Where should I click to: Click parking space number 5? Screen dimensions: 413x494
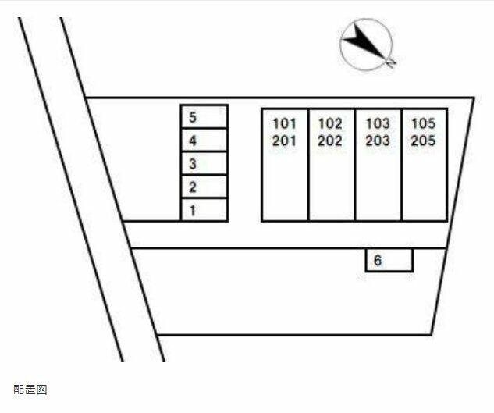coord(204,117)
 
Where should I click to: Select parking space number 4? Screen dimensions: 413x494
coord(204,141)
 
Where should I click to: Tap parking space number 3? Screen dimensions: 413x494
coord(204,164)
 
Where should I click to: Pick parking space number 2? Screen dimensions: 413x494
coord(204,187)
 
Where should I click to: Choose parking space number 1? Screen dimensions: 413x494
coord(204,210)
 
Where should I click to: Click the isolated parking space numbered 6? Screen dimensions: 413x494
coord(389,261)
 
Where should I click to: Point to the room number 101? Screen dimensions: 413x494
coord(285,123)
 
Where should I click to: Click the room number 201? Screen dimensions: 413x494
coord(285,141)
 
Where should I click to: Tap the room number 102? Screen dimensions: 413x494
coord(331,123)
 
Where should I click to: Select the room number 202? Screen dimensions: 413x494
coord(331,141)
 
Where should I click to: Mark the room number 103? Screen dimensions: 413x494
coord(378,123)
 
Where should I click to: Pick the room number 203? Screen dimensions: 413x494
coord(378,141)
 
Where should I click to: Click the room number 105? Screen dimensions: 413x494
coord(424,123)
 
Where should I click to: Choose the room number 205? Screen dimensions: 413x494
coord(424,141)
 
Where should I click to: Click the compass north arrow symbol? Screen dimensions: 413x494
coord(367,44)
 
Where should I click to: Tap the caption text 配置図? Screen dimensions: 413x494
coord(30,389)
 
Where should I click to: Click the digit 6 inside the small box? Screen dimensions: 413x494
coord(378,261)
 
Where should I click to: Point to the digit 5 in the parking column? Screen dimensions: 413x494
coord(192,118)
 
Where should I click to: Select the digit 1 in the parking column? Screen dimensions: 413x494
coord(192,210)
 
